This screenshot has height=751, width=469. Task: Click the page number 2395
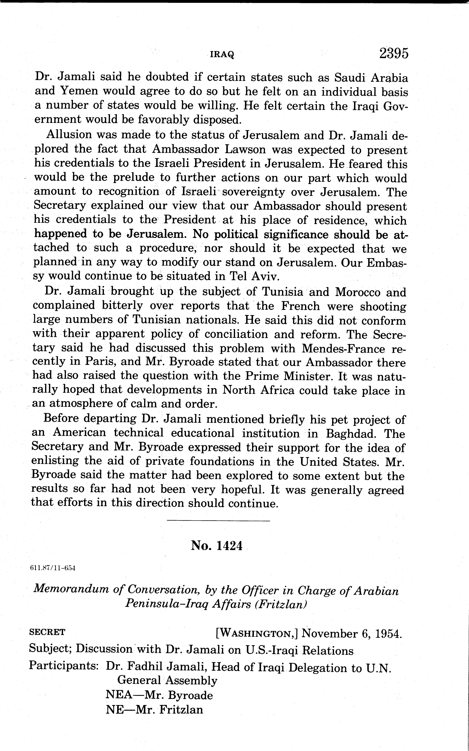click(393, 54)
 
